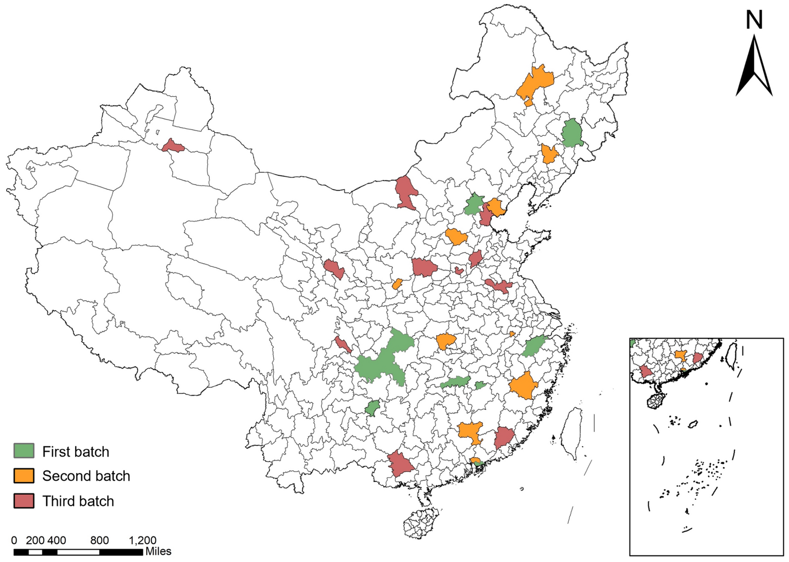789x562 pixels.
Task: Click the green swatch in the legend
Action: click(x=24, y=451)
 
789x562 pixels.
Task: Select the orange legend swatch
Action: click(x=24, y=476)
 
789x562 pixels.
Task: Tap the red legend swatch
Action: click(x=24, y=501)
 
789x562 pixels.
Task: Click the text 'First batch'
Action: click(x=76, y=451)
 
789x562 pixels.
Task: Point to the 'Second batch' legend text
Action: click(x=86, y=476)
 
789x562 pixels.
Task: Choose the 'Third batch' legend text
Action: click(x=78, y=501)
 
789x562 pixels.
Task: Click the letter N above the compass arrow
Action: click(x=754, y=21)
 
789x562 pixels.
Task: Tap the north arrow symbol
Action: click(x=754, y=67)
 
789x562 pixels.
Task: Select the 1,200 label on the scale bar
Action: click(x=142, y=540)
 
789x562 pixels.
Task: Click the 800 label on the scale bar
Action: click(x=99, y=540)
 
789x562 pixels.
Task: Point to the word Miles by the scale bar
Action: click(x=158, y=552)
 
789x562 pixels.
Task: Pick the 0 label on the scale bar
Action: click(x=14, y=540)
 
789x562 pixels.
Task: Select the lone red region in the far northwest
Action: click(x=173, y=147)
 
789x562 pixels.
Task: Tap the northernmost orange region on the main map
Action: click(x=536, y=82)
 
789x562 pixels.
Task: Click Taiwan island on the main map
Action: click(x=572, y=432)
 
